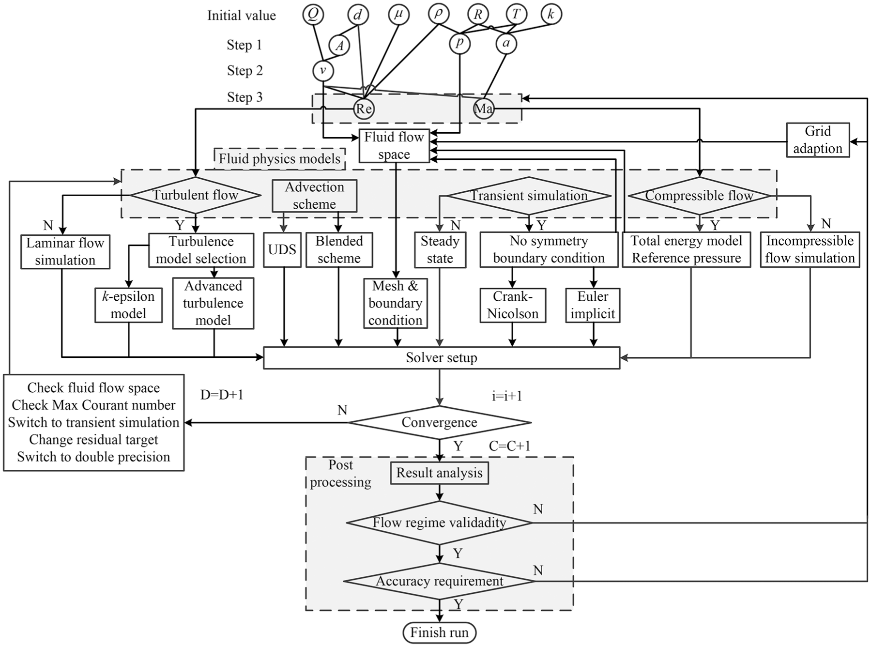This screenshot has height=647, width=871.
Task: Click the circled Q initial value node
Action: click(x=313, y=15)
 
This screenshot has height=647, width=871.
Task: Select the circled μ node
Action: click(x=398, y=15)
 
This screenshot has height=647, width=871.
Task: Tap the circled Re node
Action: click(x=364, y=108)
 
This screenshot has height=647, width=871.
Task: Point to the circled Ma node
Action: click(x=483, y=108)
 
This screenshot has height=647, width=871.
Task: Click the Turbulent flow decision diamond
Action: click(x=196, y=195)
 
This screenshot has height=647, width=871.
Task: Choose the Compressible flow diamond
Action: click(x=699, y=196)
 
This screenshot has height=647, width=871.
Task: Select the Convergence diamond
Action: click(x=440, y=422)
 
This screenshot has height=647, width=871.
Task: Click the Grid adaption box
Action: click(x=818, y=139)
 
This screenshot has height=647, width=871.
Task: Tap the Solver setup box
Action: click(x=442, y=358)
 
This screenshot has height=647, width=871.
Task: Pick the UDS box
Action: click(x=282, y=250)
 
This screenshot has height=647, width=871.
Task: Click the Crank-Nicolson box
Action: click(x=513, y=305)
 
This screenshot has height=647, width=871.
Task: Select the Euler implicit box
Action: click(x=593, y=305)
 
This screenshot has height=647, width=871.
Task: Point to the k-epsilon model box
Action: click(x=128, y=305)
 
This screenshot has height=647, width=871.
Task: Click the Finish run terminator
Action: click(x=440, y=632)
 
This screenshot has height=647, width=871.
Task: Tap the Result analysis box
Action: click(x=440, y=473)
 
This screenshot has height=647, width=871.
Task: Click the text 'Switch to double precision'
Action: click(x=93, y=457)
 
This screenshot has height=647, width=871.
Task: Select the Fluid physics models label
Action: click(x=280, y=159)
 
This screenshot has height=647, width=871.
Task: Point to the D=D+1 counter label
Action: click(x=222, y=395)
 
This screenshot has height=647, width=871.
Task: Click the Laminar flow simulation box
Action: click(x=65, y=252)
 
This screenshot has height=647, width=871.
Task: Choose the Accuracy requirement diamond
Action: click(x=440, y=581)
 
